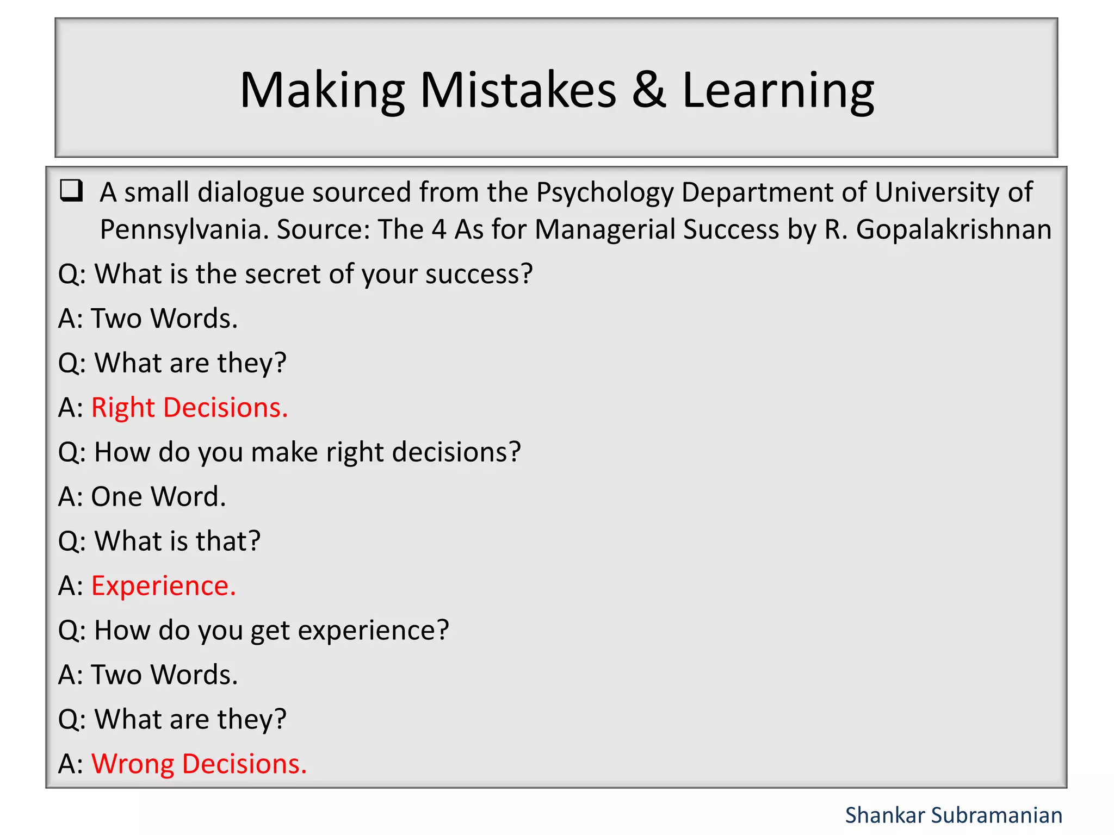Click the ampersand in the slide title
tap(648, 90)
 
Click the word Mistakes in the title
tap(518, 90)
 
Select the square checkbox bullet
tap(71, 191)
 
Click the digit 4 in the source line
tap(439, 229)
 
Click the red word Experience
tap(163, 586)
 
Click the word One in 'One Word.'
tap(116, 497)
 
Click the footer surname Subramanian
tap(997, 815)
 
